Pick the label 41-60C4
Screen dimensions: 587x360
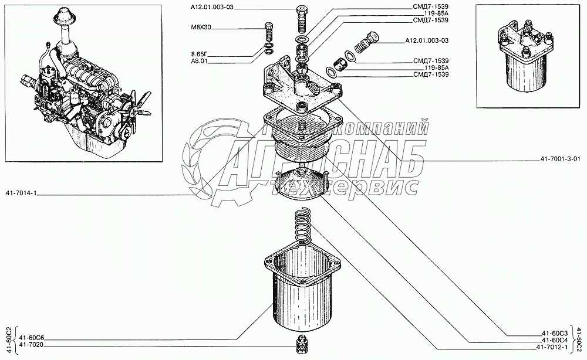(x=555, y=341)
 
